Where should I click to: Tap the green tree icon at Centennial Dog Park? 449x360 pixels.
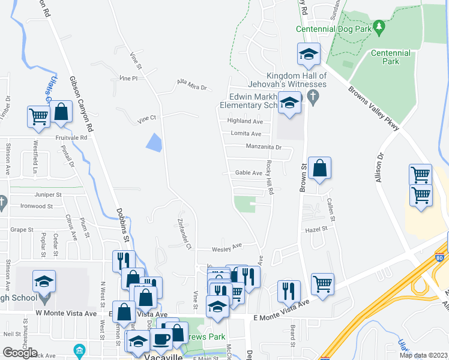point(378,27)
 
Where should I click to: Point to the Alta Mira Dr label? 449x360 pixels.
point(191,84)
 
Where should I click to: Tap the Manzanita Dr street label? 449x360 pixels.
point(264,146)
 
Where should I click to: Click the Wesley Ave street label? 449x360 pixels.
point(226,247)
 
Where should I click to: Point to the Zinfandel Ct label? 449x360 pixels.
point(184,232)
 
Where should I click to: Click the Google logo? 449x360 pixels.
point(20,352)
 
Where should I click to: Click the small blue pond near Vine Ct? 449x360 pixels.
point(154,142)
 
